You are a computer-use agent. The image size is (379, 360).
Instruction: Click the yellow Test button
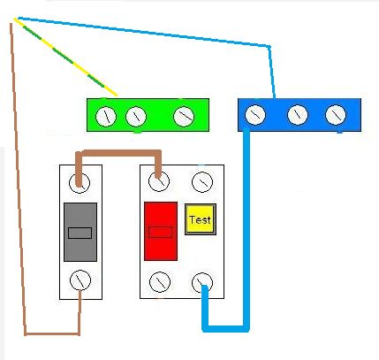(201, 219)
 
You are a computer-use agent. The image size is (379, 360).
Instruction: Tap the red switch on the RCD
(161, 231)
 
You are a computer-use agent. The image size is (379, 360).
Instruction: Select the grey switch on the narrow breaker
(80, 232)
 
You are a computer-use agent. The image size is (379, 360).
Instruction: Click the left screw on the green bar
(106, 117)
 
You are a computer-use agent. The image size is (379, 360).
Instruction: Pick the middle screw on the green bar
(136, 117)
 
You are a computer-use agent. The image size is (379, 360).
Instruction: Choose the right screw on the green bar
(184, 117)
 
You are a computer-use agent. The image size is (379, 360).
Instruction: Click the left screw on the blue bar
(255, 115)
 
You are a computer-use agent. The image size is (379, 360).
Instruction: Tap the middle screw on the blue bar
(298, 115)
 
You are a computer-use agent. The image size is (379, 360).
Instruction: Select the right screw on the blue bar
(336, 115)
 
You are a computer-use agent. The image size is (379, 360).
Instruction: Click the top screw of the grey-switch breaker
(80, 183)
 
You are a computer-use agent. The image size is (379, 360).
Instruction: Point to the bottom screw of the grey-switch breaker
(80, 280)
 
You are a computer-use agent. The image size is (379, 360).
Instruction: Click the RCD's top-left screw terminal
(159, 181)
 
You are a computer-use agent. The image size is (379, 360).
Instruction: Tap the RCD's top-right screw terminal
(202, 182)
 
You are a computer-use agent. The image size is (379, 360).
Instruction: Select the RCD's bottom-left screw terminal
(160, 282)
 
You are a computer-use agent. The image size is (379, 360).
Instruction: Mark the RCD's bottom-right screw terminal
(202, 283)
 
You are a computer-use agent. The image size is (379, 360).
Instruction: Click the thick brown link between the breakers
(119, 153)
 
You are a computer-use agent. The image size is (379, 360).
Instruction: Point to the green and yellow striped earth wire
(65, 57)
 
